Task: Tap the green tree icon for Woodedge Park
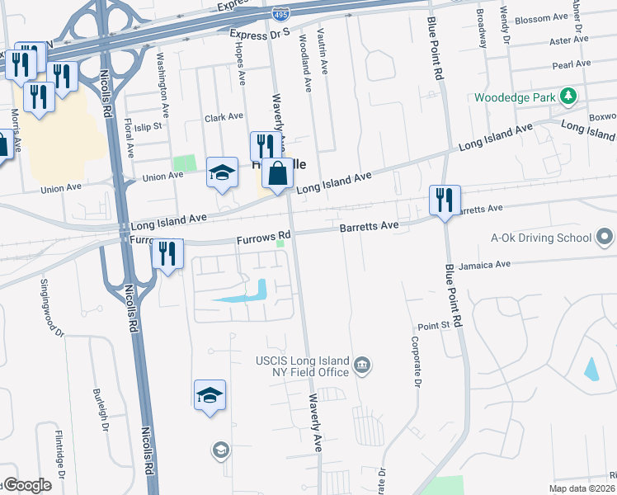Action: [x=568, y=97]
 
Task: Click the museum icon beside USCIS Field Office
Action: [x=361, y=365]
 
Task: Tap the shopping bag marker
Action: [x=278, y=174]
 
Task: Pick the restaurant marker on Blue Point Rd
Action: [x=445, y=200]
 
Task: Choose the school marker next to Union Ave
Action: [x=222, y=172]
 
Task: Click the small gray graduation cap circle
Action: [x=220, y=450]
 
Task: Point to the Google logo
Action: [x=27, y=485]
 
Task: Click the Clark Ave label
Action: [x=224, y=117]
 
